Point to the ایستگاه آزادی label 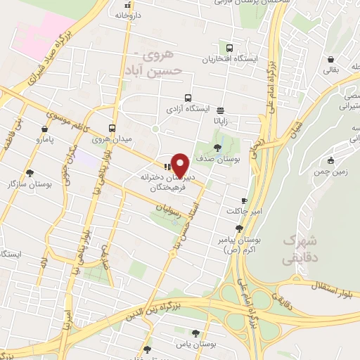coord(187,110)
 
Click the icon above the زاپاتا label coord(221,110)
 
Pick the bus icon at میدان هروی coord(112,128)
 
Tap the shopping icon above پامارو coord(45,129)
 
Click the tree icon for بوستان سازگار coord(29,172)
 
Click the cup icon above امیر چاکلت coord(244,200)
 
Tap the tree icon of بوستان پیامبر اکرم coord(240,228)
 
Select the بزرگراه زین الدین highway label coord(166,308)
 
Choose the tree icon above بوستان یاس coord(195,333)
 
